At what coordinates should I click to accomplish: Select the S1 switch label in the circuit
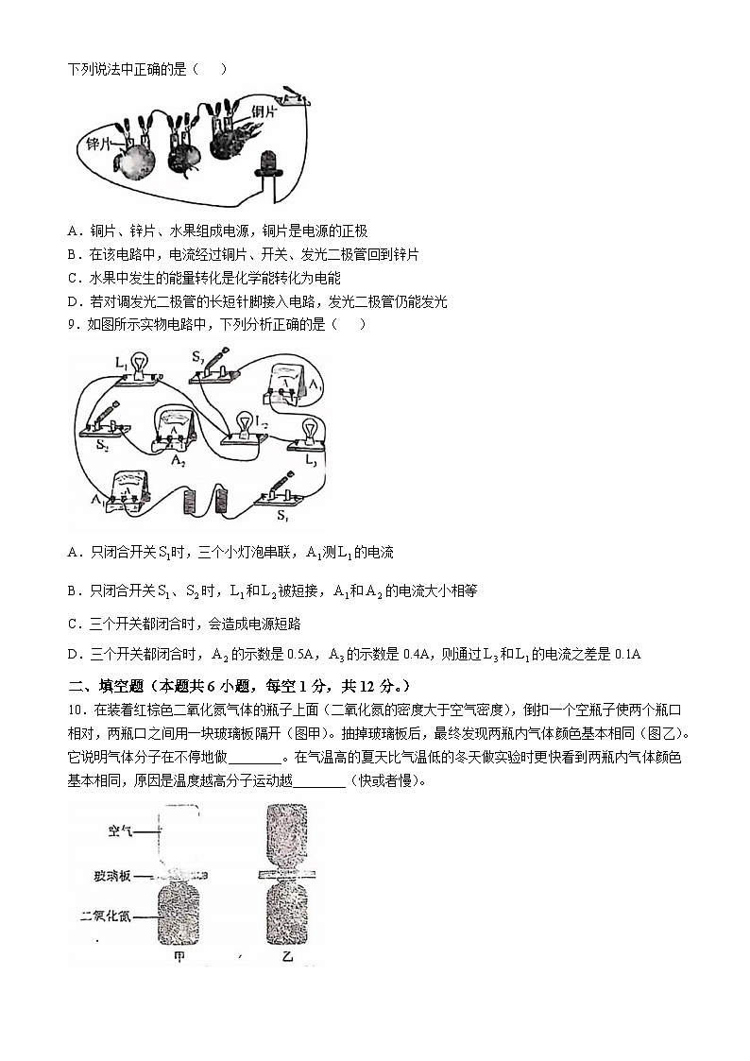[282, 515]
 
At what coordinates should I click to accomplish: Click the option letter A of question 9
[73, 553]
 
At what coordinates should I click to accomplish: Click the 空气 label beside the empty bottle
[121, 831]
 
